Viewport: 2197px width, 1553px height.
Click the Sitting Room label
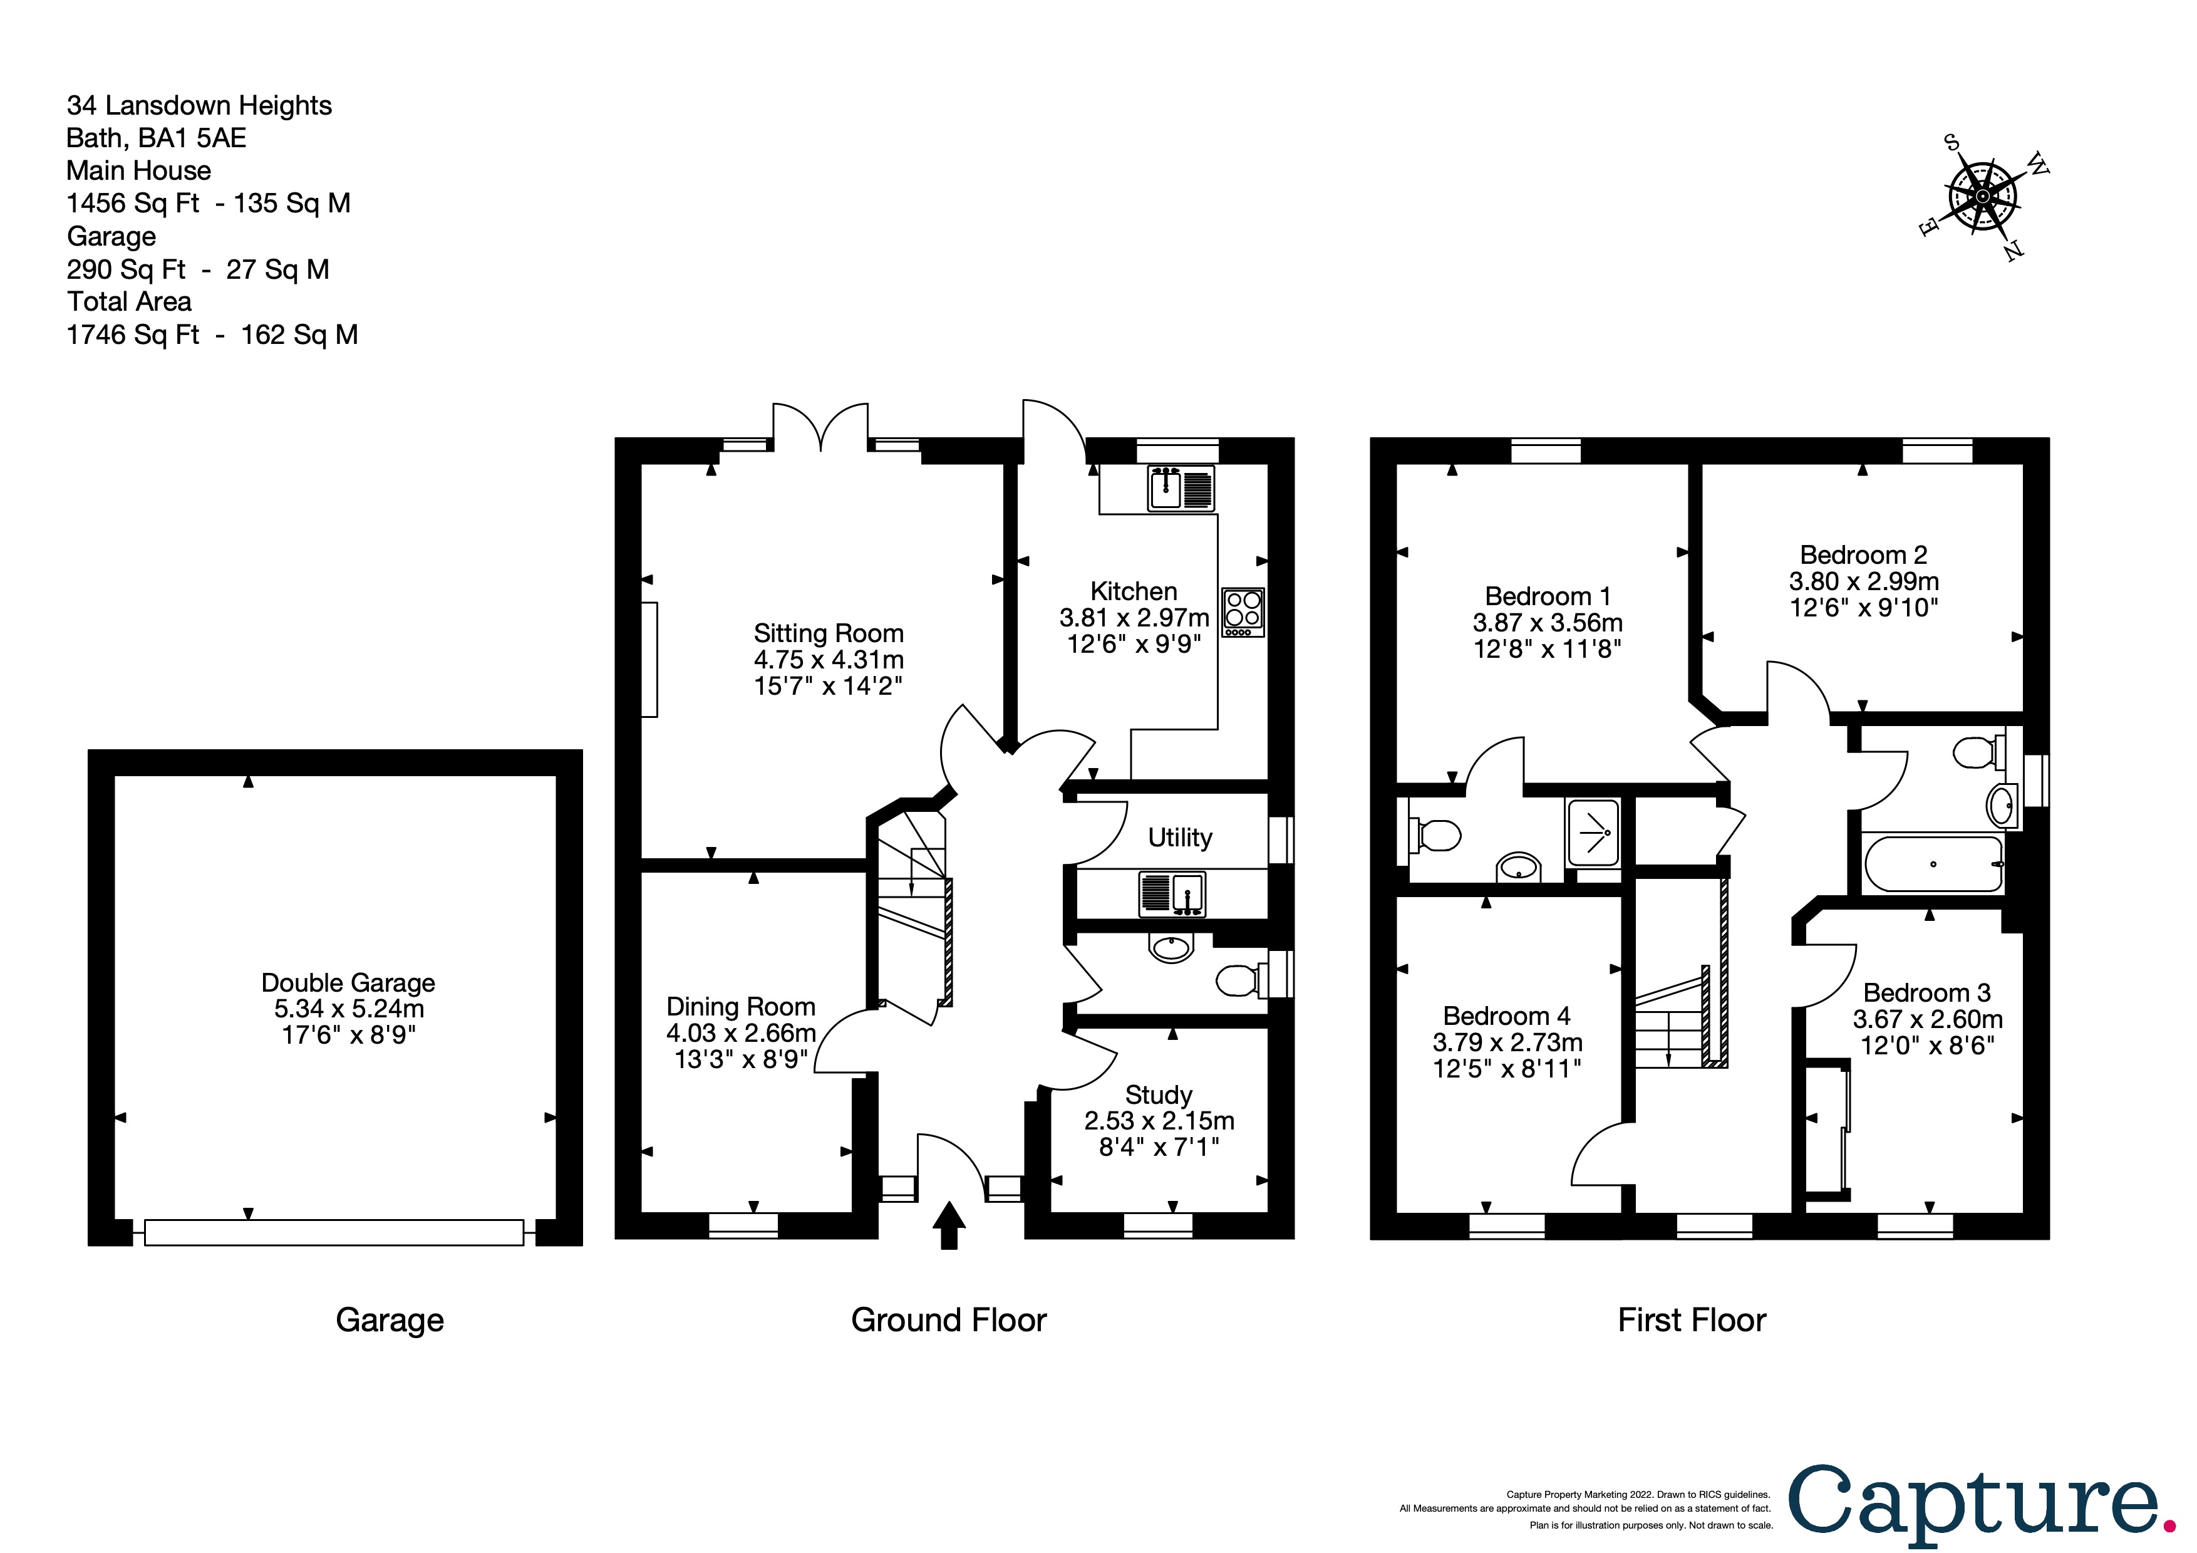pos(829,633)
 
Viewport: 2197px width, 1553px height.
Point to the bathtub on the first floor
pos(1933,864)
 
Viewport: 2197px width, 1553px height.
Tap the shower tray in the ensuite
pos(1593,833)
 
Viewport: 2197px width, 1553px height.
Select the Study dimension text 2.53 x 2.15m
pos(1159,1121)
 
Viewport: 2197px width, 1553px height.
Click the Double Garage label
pos(348,983)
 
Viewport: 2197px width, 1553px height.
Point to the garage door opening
pos(334,1232)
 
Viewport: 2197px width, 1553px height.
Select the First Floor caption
pos(1692,1321)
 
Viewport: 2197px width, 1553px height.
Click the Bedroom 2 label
pos(1863,555)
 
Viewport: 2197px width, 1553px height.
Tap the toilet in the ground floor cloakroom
pos(1242,980)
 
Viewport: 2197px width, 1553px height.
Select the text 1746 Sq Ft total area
pos(133,335)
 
